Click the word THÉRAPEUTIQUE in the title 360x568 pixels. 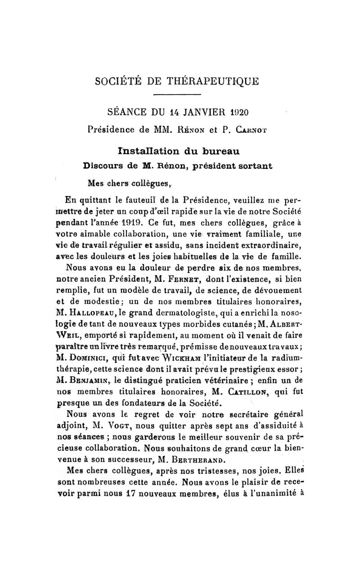coord(215,82)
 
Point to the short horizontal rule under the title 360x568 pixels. coord(180,95)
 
